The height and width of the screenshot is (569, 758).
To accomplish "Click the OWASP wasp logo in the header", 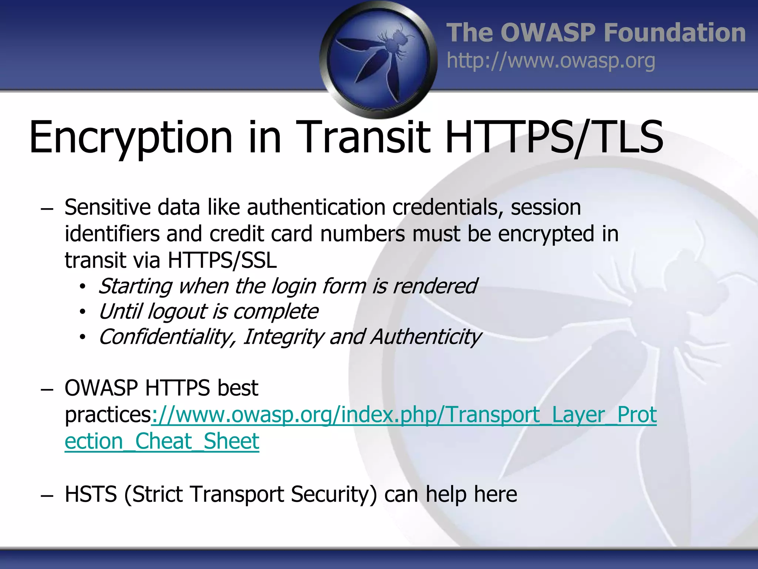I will point(378,60).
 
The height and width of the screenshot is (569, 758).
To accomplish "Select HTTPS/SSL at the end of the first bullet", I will point(222,260).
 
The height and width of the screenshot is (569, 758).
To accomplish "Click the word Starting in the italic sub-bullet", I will point(135,286).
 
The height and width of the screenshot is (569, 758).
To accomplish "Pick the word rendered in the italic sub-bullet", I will point(435,286).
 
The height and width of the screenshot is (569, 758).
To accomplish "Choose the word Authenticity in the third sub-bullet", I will point(426,337).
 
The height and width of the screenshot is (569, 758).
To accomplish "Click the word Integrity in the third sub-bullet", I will point(283,337).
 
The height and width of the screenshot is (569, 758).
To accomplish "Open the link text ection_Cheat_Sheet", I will point(162,441).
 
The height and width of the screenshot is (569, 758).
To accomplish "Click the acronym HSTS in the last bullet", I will point(91,494).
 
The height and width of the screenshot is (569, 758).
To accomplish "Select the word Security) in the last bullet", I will point(333,494).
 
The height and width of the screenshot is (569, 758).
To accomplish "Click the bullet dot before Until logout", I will point(83,312).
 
